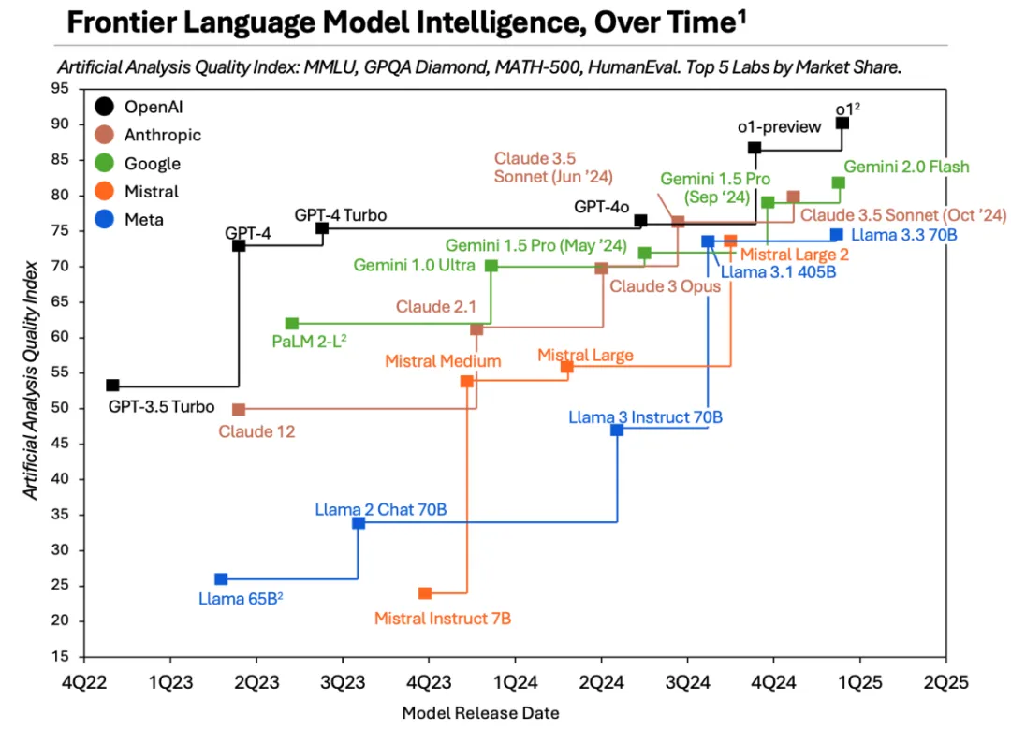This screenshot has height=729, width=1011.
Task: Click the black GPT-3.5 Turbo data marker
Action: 112,386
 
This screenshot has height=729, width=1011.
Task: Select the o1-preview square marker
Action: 755,148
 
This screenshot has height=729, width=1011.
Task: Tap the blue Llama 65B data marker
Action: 221,579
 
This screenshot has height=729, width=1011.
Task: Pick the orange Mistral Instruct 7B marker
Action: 425,593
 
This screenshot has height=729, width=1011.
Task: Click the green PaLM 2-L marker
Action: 292,324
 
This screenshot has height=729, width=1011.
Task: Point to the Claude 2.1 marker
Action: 476,329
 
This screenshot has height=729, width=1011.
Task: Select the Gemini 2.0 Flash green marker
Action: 838,183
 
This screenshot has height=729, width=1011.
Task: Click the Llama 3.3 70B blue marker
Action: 836,235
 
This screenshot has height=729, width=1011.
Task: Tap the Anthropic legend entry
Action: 150,135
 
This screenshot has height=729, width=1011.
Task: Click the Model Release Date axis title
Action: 481,713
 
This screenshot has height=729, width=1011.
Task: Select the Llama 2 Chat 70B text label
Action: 381,510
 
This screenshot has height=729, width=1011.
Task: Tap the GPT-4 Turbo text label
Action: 341,215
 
